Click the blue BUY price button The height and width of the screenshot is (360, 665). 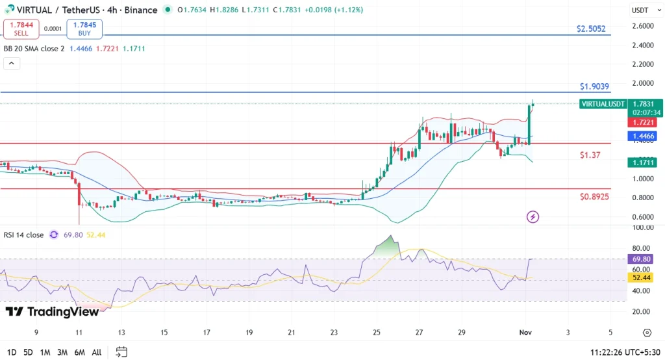coord(84,29)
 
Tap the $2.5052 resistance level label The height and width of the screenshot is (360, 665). coord(591,29)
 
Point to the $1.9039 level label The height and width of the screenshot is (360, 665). coord(594,86)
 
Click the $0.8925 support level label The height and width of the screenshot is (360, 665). coord(594,196)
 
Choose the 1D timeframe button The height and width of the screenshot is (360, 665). coord(12,352)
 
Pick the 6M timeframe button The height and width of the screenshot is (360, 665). coord(79,352)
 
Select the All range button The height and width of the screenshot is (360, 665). coord(96,352)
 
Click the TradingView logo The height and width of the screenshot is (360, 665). coord(52,312)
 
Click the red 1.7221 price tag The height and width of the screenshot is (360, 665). coord(645,122)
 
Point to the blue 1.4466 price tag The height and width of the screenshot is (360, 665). coord(645,136)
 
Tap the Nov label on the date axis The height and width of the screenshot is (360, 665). coord(525,332)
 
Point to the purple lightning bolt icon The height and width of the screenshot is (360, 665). coord(533,216)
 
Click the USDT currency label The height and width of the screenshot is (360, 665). coord(640,10)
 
